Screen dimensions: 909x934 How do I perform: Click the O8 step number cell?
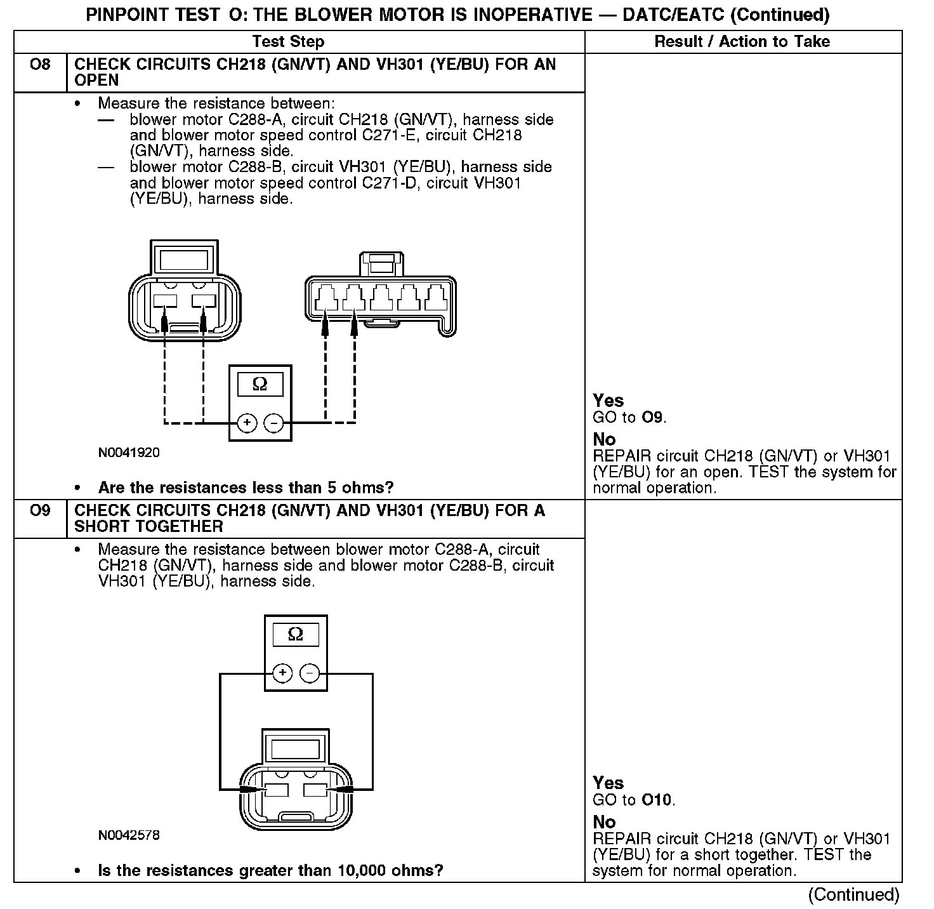[40, 65]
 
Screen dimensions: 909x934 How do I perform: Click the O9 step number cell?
[40, 511]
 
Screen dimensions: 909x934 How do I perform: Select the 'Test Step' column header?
[288, 42]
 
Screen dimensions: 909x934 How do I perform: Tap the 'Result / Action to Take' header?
[742, 42]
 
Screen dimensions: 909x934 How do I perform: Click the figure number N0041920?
[129, 453]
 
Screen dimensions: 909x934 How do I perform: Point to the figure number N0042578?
[129, 835]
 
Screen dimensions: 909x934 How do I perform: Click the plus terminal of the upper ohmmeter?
[247, 423]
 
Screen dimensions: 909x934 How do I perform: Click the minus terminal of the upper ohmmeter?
[273, 423]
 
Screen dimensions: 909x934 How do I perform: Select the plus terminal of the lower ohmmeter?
[282, 673]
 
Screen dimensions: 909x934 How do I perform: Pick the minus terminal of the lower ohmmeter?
[310, 673]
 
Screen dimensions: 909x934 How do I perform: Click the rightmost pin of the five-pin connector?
[436, 298]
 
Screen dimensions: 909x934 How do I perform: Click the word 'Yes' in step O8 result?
[608, 401]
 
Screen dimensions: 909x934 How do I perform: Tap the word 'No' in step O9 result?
[604, 822]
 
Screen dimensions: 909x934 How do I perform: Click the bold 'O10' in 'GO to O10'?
[656, 800]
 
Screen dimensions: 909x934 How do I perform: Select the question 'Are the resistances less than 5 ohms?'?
[246, 488]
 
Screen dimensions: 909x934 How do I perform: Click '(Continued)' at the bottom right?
[853, 894]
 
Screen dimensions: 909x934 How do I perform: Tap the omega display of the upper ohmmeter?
[260, 385]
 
